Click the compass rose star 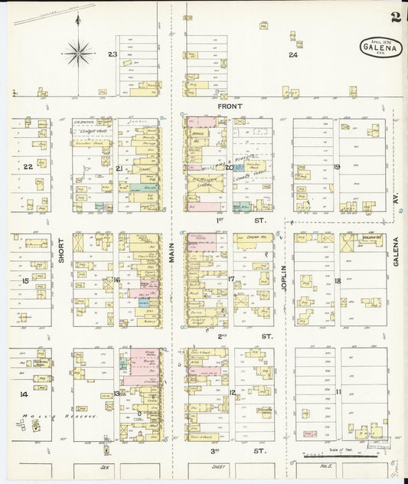(x=78, y=53)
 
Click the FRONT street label (x=230, y=106)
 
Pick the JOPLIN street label (x=282, y=277)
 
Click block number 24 (x=292, y=55)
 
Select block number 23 (x=113, y=54)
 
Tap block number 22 (x=28, y=166)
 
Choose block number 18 (x=337, y=281)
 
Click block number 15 (x=25, y=281)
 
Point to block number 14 (x=24, y=394)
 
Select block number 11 (x=338, y=391)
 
